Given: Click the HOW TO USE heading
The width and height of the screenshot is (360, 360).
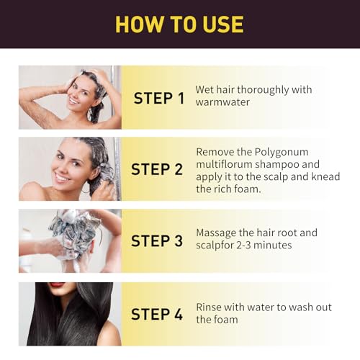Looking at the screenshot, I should [179, 24].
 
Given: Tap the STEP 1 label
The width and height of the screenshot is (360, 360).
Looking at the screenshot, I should [163, 98].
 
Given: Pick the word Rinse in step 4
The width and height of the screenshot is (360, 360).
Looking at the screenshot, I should [210, 307].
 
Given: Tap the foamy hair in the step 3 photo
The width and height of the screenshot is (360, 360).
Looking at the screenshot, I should [74, 229].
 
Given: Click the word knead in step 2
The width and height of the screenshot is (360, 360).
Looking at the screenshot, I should [324, 177].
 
